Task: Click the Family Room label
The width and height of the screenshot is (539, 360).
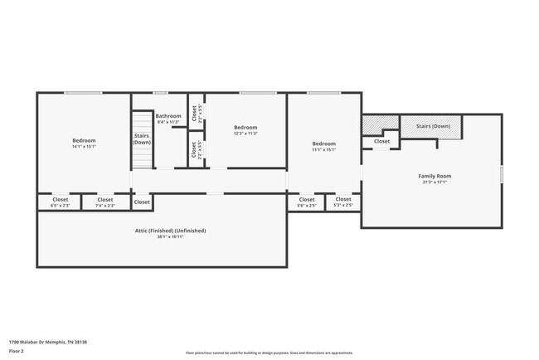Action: pyautogui.click(x=434, y=177)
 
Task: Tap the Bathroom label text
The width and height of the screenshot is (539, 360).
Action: pyautogui.click(x=168, y=116)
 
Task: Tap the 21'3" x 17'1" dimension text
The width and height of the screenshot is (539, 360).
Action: pyautogui.click(x=434, y=182)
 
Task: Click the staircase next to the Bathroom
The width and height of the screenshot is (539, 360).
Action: pyautogui.click(x=142, y=139)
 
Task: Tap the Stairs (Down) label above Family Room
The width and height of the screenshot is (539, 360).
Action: pyautogui.click(x=433, y=126)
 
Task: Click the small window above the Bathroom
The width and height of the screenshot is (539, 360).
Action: pyautogui.click(x=160, y=92)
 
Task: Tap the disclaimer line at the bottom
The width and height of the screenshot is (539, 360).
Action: pyautogui.click(x=269, y=353)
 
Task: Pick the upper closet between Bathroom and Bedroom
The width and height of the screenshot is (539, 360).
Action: pyautogui.click(x=194, y=113)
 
